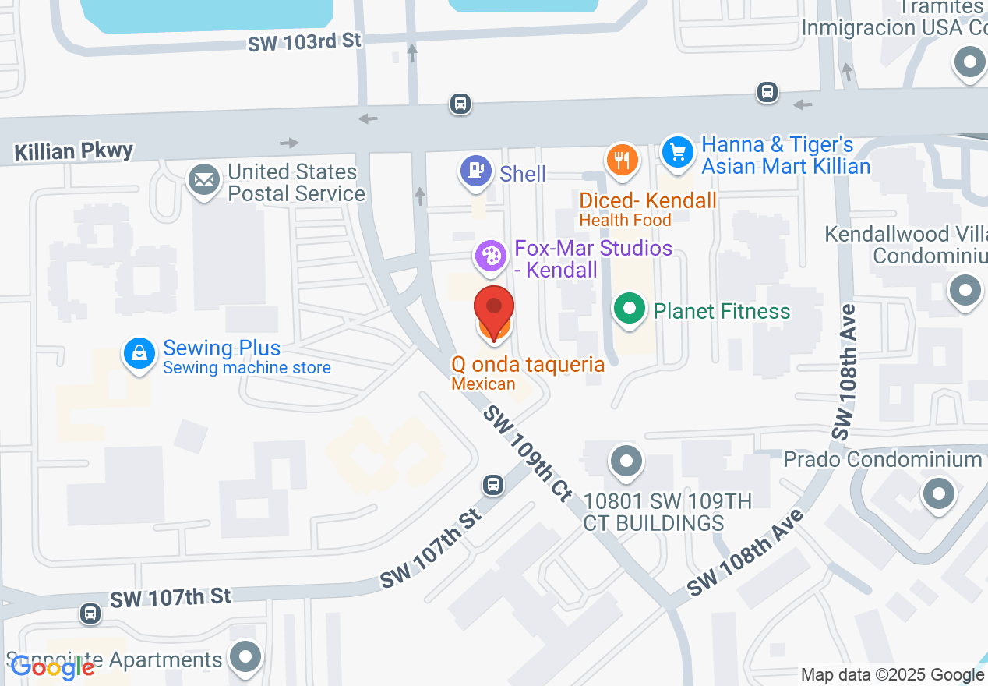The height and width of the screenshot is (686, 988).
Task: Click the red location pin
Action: pyautogui.click(x=494, y=309)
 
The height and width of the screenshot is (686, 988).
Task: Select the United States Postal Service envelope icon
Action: pyautogui.click(x=204, y=180)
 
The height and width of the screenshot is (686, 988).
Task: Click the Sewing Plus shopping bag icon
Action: pyautogui.click(x=139, y=354)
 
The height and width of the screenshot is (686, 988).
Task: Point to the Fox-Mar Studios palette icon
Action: pyautogui.click(x=490, y=256)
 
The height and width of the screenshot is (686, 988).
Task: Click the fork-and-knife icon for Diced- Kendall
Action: pyautogui.click(x=621, y=161)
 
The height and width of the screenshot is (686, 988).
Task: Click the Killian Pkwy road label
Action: pyautogui.click(x=74, y=150)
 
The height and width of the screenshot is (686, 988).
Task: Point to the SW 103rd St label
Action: pyautogui.click(x=305, y=41)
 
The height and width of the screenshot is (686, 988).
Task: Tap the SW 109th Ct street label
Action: pyautogui.click(x=528, y=453)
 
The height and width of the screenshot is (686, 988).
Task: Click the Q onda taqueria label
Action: pyautogui.click(x=528, y=364)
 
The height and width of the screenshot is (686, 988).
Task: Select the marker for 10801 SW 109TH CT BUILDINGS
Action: pyautogui.click(x=626, y=460)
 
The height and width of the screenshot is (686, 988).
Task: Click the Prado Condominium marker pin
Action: pyautogui.click(x=938, y=493)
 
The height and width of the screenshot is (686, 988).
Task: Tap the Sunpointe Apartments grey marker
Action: pyautogui.click(x=247, y=656)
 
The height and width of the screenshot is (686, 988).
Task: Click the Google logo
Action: pyautogui.click(x=52, y=667)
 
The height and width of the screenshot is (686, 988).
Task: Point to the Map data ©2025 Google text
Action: pyautogui.click(x=892, y=675)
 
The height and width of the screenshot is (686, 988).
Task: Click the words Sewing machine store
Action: pyautogui.click(x=247, y=368)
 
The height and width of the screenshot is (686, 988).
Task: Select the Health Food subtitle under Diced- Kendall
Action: pyautogui.click(x=625, y=220)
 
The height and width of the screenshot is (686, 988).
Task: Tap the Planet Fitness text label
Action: pyautogui.click(x=722, y=311)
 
